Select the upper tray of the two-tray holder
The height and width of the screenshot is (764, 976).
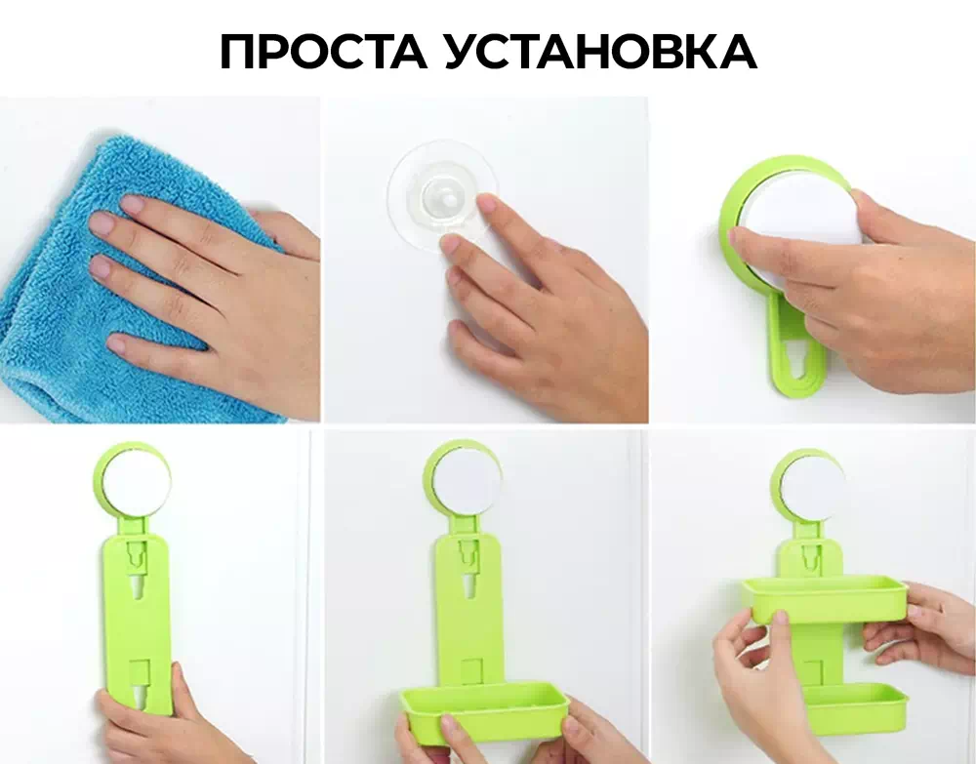click(825, 598)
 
